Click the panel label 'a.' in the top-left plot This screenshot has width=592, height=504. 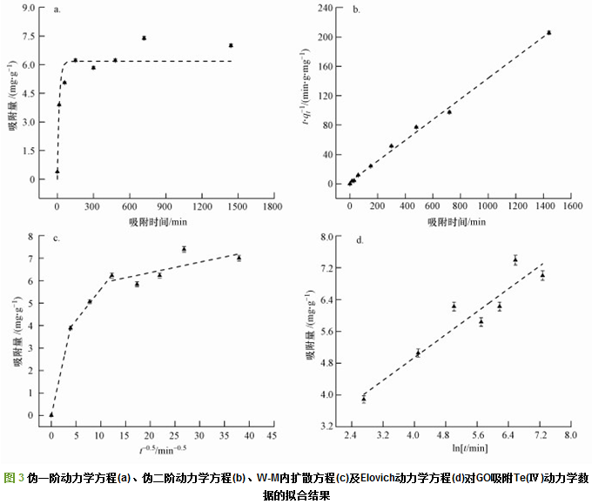pyautogui.click(x=57, y=11)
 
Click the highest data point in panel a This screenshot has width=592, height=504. pyautogui.click(x=144, y=38)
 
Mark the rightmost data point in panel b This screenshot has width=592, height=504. pyautogui.click(x=548, y=32)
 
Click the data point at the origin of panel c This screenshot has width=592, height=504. pyautogui.click(x=51, y=414)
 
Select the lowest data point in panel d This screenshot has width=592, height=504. pyautogui.click(x=364, y=399)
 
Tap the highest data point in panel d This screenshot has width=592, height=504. pyautogui.click(x=515, y=259)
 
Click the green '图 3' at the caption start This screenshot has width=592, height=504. pyautogui.click(x=14, y=478)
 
